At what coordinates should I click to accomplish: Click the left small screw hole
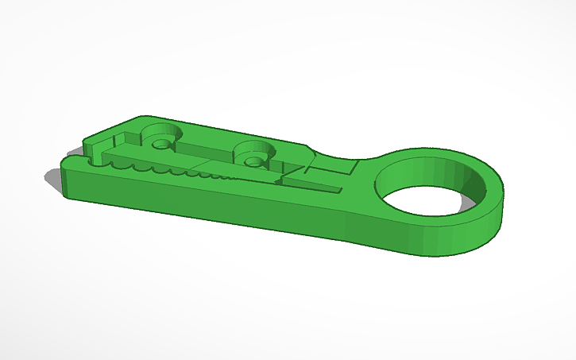coord(162,145)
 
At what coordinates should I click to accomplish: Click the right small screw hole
coord(253,161)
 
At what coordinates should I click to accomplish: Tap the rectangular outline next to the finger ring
coord(332,168)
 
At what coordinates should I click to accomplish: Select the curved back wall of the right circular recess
coord(256,147)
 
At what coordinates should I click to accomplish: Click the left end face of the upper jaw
coord(89,146)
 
